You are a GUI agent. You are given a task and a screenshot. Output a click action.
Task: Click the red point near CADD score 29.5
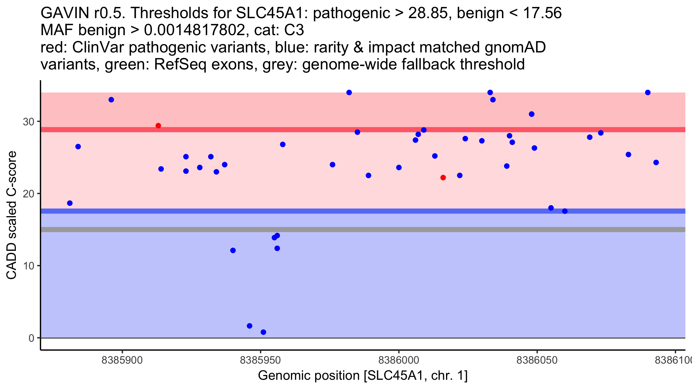click(x=158, y=126)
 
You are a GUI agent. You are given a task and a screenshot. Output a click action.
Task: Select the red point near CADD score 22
click(x=443, y=177)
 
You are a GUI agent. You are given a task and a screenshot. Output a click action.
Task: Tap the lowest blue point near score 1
click(x=263, y=332)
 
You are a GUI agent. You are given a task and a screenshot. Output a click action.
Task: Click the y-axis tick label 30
click(x=29, y=122)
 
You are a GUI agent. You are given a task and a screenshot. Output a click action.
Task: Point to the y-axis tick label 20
click(x=29, y=194)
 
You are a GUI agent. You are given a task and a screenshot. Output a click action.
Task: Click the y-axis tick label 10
click(x=29, y=266)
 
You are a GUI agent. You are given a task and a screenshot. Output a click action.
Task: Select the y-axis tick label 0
click(x=31, y=338)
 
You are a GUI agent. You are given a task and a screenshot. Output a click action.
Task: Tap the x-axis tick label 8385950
click(x=261, y=360)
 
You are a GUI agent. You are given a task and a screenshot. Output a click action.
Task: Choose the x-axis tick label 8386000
click(x=399, y=360)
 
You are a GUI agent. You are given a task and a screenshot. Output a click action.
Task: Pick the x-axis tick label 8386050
click(x=537, y=360)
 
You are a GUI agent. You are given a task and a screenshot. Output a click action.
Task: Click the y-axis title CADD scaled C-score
click(x=12, y=215)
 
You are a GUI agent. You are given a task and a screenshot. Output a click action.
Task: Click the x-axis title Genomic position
click(x=363, y=375)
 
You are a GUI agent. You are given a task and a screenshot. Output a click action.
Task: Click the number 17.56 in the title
click(x=542, y=13)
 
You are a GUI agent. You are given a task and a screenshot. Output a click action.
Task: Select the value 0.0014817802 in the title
click(x=195, y=30)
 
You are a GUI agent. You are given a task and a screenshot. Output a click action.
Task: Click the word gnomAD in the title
click(x=515, y=47)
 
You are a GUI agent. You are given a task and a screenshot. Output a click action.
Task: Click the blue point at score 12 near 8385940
click(x=233, y=250)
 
